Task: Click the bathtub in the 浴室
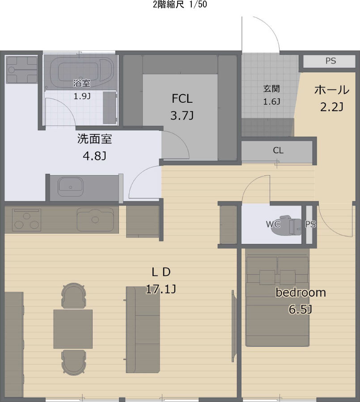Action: (80, 70)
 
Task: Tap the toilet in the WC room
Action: (293, 225)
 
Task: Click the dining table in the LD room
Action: (73, 329)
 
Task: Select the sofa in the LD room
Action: (143, 330)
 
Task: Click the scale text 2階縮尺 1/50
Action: (180, 5)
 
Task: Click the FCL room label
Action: (182, 99)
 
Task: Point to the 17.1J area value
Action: (160, 289)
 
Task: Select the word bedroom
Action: (300, 293)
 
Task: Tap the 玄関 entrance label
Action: (271, 88)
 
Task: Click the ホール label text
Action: (331, 90)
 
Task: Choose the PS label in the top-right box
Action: (330, 61)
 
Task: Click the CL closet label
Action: (278, 151)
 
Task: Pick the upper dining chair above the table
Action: (73, 296)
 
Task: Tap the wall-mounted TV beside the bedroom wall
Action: (233, 326)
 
